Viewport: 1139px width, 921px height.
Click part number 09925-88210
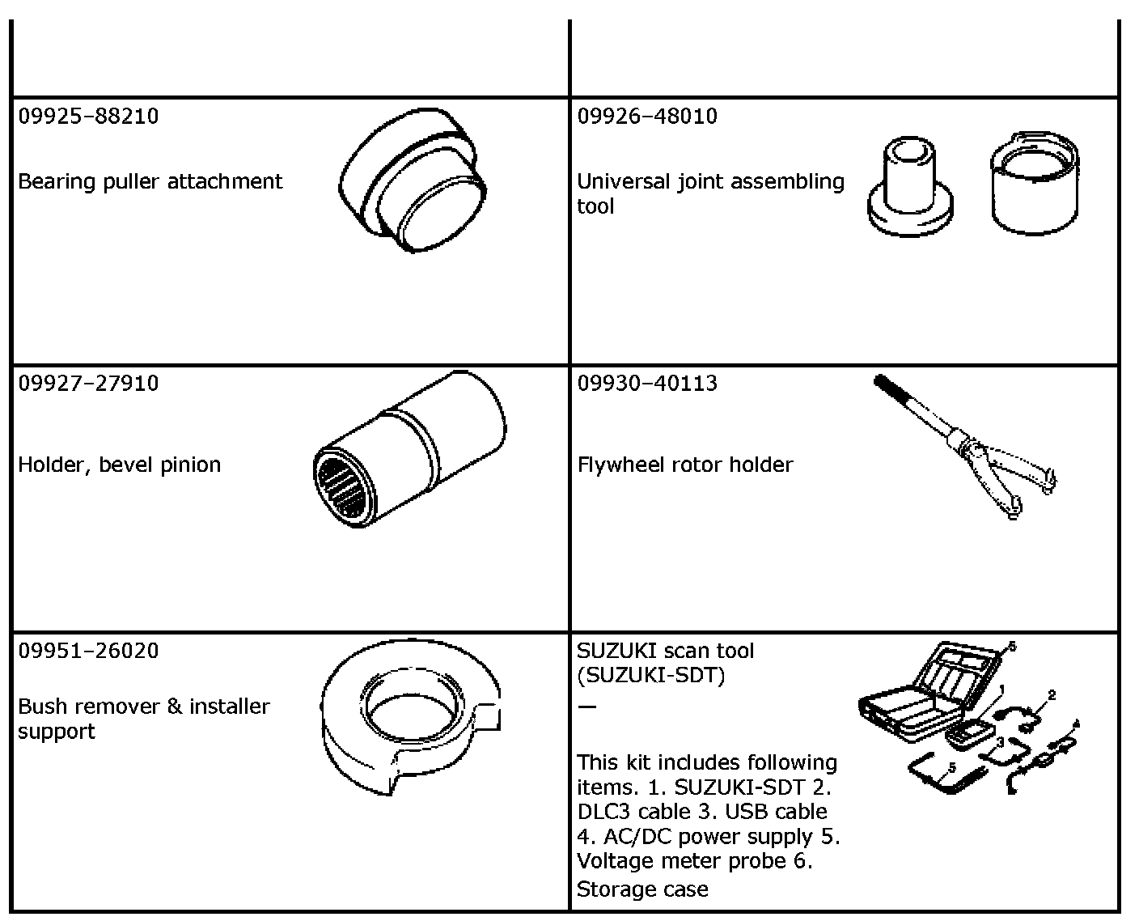88,116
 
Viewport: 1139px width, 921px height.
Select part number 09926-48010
646,116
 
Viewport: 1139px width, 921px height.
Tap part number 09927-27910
88,383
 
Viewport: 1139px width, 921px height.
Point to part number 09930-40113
646,383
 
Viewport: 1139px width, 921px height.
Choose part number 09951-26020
88,650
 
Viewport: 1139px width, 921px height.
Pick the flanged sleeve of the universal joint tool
910,186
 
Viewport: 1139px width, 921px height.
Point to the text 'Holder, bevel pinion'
119,465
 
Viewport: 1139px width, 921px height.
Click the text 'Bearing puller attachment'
150,181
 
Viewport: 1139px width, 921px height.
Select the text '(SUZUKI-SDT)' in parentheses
650,675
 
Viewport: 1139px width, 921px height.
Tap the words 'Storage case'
641,889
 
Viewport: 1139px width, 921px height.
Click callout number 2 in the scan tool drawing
1052,694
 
